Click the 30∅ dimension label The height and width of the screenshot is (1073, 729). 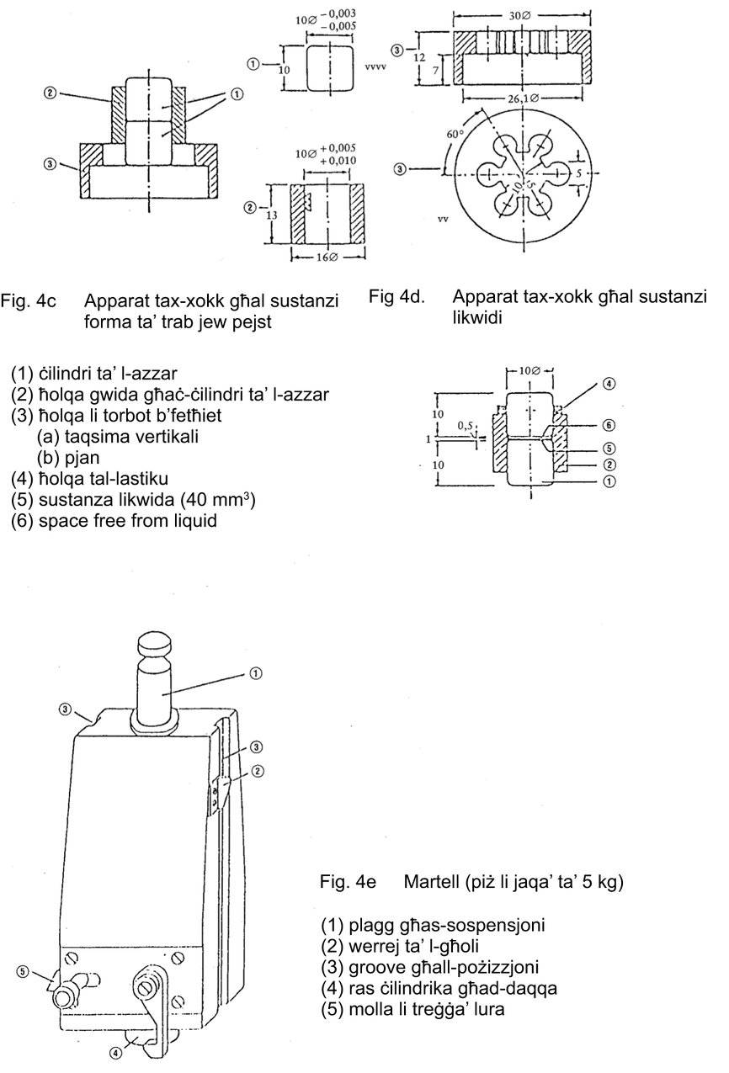click(x=519, y=16)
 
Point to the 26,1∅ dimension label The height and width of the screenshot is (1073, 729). click(x=522, y=98)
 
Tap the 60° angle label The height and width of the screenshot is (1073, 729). click(x=455, y=134)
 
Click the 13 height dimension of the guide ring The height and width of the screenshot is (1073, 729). click(x=271, y=215)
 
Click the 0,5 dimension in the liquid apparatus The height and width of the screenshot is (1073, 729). click(x=465, y=425)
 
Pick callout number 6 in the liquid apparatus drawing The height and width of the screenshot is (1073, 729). click(x=609, y=425)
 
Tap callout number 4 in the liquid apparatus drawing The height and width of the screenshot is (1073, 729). click(x=609, y=384)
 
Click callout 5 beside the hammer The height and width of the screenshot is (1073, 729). click(x=23, y=972)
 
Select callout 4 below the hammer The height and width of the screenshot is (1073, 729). click(x=115, y=1053)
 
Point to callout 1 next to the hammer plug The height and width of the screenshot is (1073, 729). click(x=256, y=673)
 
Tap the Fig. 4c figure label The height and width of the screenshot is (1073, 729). click(x=28, y=300)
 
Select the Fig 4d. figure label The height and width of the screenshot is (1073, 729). click(x=396, y=296)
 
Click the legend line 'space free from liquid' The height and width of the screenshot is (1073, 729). click(x=114, y=521)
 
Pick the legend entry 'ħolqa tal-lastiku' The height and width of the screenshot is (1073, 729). click(x=89, y=479)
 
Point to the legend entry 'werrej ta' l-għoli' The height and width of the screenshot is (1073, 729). click(x=400, y=946)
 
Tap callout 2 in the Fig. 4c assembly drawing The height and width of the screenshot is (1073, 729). click(x=50, y=93)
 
